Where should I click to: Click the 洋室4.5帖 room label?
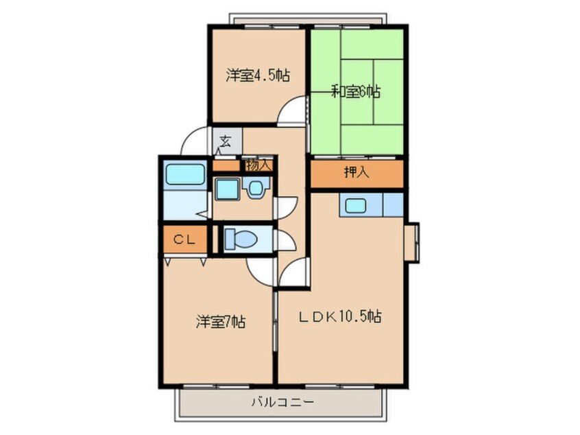coord(257,75)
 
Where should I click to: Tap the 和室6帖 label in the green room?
coord(357,91)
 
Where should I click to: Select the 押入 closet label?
coord(357,173)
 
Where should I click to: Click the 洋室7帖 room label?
coord(221,320)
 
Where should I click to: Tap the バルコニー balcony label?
coord(280,401)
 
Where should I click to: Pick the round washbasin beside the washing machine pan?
coord(256,187)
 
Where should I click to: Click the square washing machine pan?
coord(226,188)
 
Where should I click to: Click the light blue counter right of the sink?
coord(393,204)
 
